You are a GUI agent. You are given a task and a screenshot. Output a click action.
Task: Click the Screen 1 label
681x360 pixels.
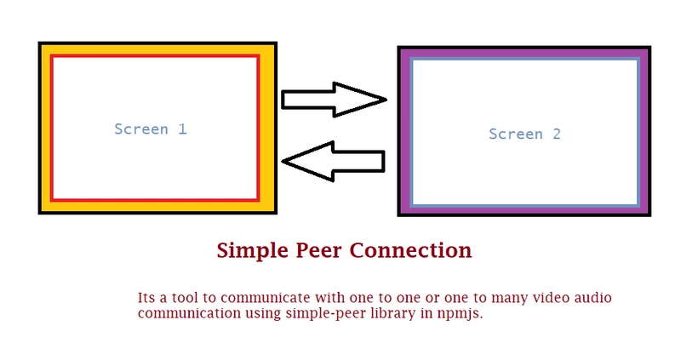[x=150, y=129]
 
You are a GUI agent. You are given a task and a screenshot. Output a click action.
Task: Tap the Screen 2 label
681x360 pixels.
[x=524, y=134]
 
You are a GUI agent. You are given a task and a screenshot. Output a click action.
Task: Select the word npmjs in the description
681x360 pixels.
[x=461, y=313]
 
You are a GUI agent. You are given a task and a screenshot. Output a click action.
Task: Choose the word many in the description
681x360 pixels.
[x=494, y=298]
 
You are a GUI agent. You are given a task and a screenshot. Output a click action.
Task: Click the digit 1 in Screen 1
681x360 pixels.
[x=181, y=129]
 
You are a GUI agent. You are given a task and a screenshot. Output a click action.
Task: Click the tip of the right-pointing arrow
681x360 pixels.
[x=386, y=100]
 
